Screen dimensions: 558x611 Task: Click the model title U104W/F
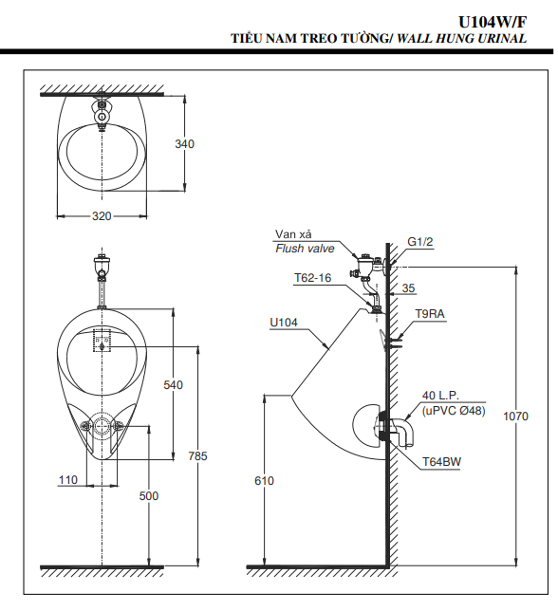point(493,22)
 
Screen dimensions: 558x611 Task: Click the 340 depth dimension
point(184,144)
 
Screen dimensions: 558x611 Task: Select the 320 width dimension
point(102,216)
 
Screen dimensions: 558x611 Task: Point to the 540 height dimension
point(173,385)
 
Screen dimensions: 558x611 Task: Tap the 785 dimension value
point(197,456)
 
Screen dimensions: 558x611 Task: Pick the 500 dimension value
point(149,496)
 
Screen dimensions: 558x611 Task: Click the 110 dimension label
point(68,480)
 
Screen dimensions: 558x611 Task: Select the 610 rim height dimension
point(264,481)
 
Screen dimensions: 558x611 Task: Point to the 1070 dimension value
point(515,417)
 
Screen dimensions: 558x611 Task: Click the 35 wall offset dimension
point(408,288)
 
